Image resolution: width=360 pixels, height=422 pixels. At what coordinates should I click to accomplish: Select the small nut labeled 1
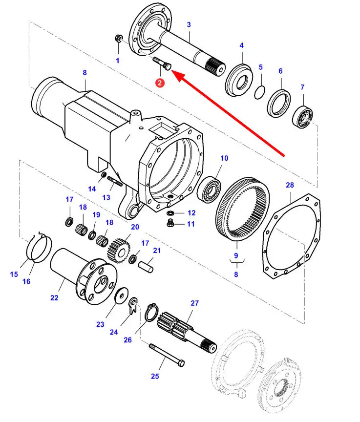pos(119,39)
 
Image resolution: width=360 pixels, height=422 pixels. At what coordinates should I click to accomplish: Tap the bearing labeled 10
pos(211,187)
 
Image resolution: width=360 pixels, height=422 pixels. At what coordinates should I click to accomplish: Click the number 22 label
pos(54,297)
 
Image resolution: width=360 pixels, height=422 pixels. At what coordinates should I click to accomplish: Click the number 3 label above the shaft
pos(189,24)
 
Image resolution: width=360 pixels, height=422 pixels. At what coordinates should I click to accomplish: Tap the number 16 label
pos(26,281)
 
